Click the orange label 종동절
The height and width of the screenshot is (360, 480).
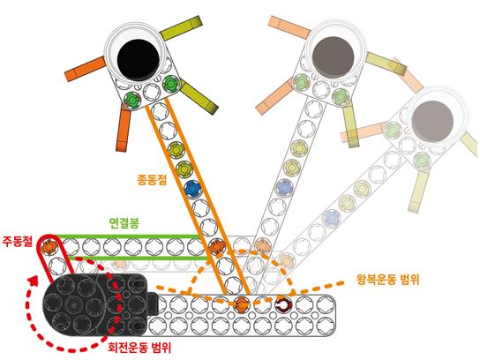click(152, 179)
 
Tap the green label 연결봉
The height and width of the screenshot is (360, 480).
click(124, 223)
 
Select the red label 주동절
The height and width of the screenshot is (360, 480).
click(17, 241)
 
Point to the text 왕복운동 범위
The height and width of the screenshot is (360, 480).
click(387, 279)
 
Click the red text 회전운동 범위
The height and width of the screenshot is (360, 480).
click(139, 347)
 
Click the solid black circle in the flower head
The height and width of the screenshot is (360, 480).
click(139, 58)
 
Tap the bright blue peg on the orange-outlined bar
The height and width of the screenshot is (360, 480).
click(192, 189)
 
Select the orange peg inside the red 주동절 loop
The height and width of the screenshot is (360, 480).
click(50, 246)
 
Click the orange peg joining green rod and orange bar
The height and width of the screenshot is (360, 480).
click(217, 246)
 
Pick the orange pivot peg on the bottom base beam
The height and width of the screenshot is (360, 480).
click(242, 304)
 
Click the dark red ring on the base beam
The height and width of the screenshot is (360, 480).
click(282, 305)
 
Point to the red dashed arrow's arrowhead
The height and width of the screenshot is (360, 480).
click(34, 280)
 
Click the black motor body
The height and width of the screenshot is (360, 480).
click(95, 304)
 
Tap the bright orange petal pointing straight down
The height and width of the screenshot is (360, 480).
click(123, 130)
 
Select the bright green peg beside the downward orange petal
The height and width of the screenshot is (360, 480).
click(132, 99)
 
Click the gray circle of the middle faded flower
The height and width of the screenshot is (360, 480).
click(334, 57)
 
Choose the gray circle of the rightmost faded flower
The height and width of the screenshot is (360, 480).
click(432, 121)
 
